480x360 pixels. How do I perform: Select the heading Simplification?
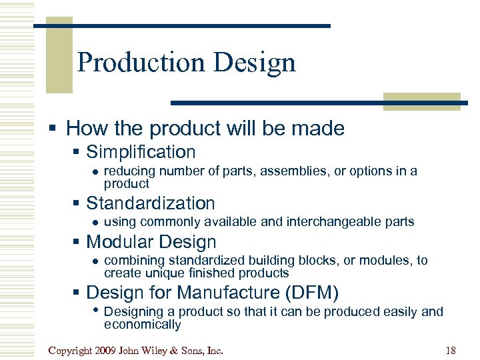[x=141, y=152]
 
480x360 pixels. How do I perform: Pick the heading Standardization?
[x=151, y=203]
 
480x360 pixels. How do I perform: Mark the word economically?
[x=142, y=325]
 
